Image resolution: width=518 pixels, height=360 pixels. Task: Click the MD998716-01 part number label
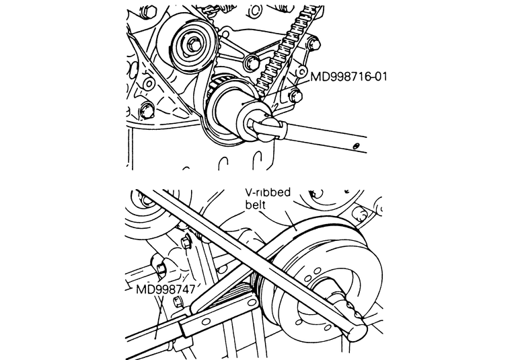click(348, 77)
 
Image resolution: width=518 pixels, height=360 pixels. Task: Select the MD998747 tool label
click(165, 289)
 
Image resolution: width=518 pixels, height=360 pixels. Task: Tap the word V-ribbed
click(268, 192)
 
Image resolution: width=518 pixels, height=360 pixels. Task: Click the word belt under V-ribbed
click(255, 205)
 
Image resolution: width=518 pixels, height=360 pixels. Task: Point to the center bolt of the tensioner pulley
click(192, 43)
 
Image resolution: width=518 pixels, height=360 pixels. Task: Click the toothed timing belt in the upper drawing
click(283, 50)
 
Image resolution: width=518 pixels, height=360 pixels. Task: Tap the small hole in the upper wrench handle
click(356, 146)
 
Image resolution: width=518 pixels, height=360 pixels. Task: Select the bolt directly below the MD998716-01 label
click(296, 96)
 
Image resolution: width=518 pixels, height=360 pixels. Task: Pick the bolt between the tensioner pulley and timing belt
click(252, 63)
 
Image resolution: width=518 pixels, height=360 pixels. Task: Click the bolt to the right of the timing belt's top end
click(315, 44)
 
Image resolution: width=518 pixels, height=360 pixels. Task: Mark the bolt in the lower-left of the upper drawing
click(147, 110)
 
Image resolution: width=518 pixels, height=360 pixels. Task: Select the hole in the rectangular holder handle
click(205, 322)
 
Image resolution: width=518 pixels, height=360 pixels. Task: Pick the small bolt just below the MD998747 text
click(178, 301)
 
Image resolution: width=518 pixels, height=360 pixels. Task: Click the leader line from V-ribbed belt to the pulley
click(290, 221)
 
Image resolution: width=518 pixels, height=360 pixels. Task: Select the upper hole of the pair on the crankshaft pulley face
click(317, 271)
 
